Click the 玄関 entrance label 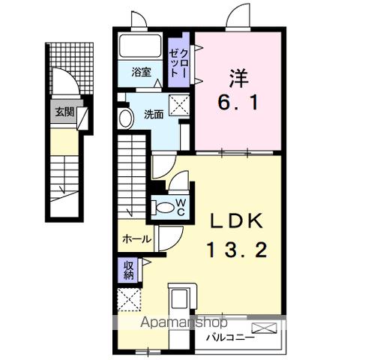[62, 113]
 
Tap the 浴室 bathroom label [142, 73]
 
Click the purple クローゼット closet [180, 64]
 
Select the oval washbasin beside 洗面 [125, 118]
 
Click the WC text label [181, 207]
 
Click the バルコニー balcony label [232, 338]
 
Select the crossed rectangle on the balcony [264, 328]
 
